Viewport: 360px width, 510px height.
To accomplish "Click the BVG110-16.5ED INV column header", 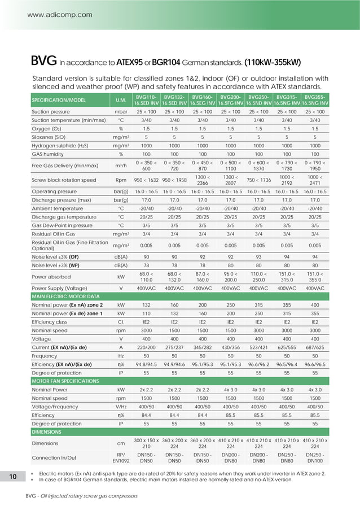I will click(x=146, y=101).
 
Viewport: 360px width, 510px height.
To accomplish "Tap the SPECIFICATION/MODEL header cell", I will click(x=58, y=101).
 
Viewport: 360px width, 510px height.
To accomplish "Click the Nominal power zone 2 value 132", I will click(x=146, y=304).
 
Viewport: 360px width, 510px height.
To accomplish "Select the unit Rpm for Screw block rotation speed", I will click(x=120, y=180).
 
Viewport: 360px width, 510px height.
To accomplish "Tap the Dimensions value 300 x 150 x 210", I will click(x=146, y=444).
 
